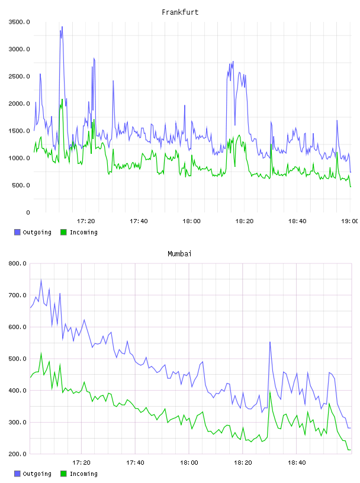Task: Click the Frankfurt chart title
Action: (180, 12)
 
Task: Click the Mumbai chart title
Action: (179, 254)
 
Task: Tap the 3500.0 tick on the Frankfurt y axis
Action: (19, 22)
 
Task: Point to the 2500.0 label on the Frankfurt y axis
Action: (19, 76)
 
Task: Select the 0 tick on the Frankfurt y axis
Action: (28, 212)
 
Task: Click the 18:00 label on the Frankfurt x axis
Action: (191, 221)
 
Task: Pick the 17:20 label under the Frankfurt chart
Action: (86, 221)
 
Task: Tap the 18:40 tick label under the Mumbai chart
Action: (297, 463)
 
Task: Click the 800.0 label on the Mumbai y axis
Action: (18, 263)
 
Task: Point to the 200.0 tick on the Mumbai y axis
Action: (18, 454)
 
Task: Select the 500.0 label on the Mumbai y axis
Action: (18, 359)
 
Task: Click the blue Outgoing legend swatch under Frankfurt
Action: (17, 232)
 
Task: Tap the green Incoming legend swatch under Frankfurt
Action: (63, 232)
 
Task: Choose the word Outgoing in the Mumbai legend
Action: (37, 474)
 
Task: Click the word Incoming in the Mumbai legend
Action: (83, 474)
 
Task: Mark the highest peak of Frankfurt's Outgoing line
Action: (62, 27)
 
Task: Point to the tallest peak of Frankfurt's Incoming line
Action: (62, 99)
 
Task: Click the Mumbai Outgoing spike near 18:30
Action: (270, 342)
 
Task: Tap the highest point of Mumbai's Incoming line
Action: (41, 353)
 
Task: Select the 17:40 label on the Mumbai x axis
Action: (135, 463)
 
